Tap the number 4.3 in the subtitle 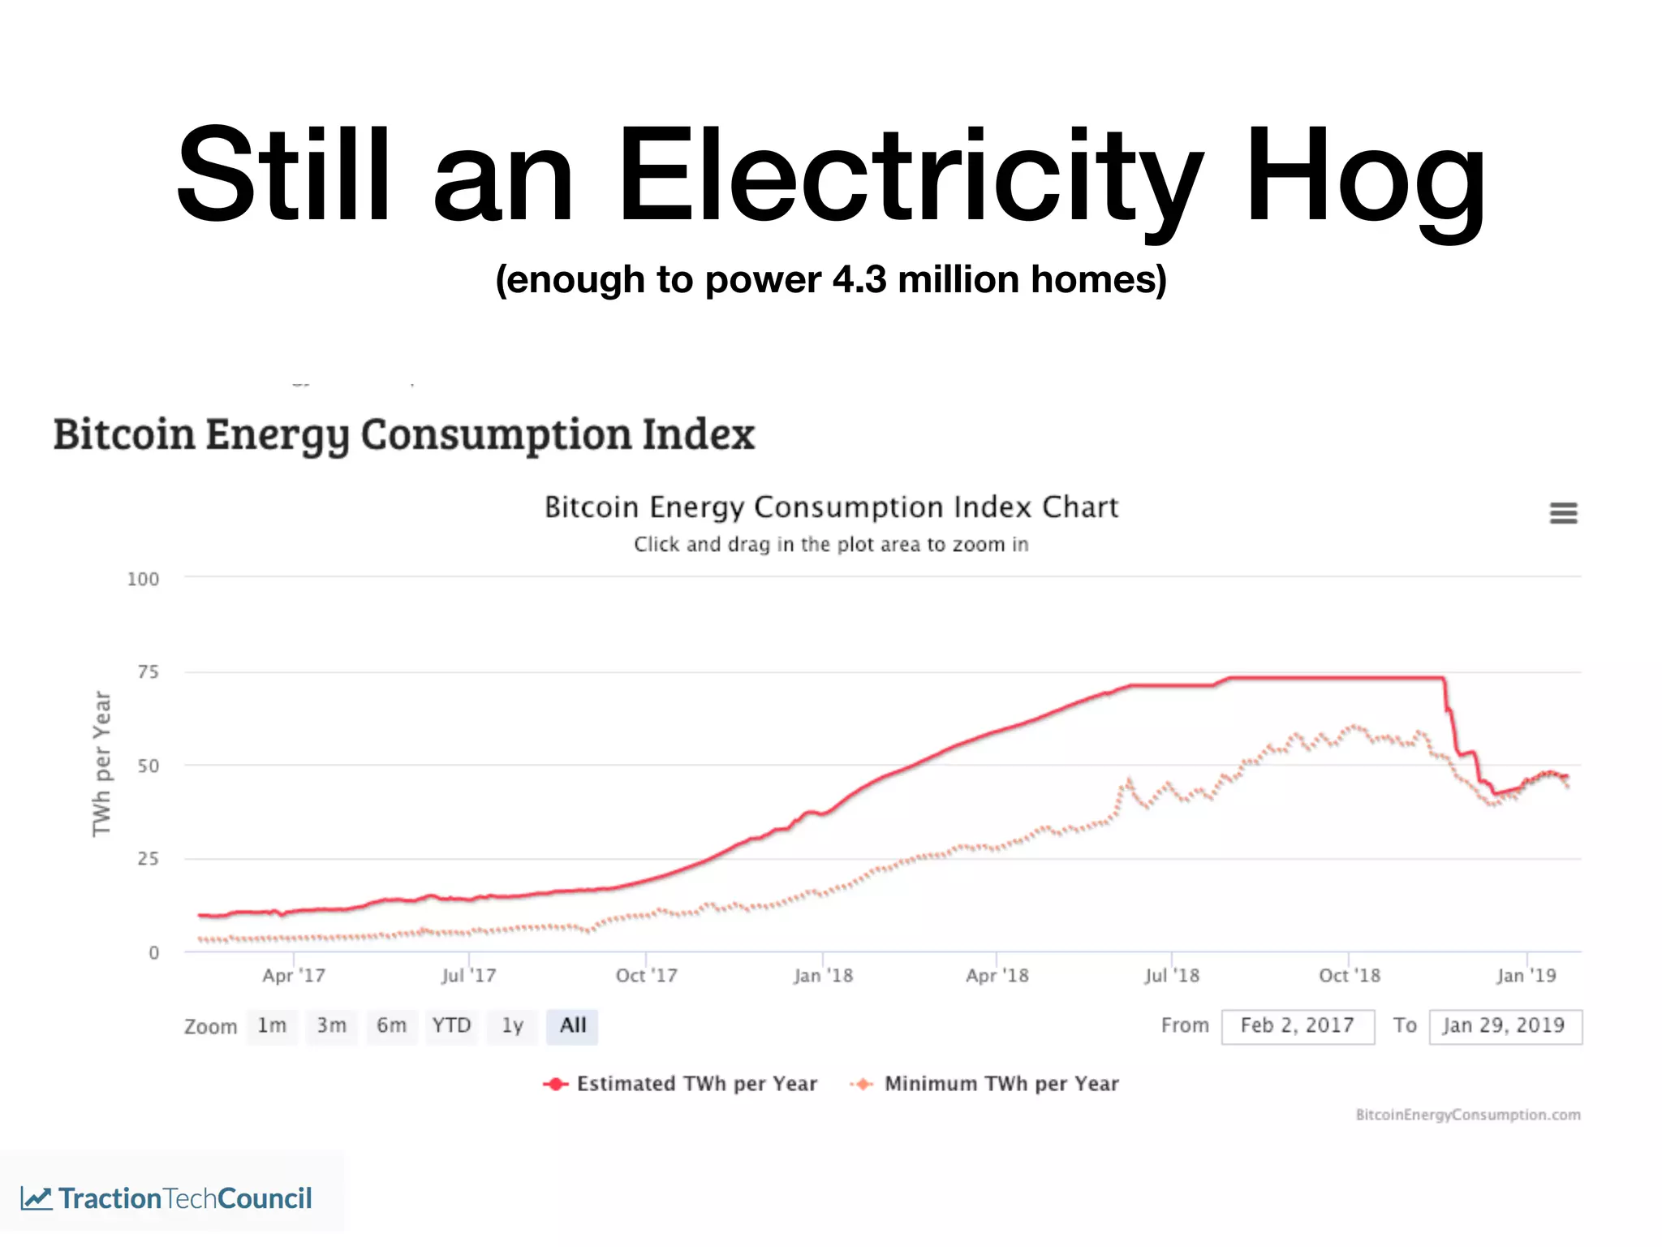(859, 280)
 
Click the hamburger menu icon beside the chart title (1563, 513)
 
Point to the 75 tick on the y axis (148, 672)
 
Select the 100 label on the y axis (143, 580)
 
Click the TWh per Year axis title (101, 763)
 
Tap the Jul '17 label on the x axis (468, 976)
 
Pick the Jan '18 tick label (823, 976)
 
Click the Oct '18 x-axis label (1349, 976)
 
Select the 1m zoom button (272, 1026)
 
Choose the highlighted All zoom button (572, 1026)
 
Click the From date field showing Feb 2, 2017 (1297, 1026)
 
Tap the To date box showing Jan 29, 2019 (1504, 1026)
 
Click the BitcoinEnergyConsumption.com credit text (1467, 1115)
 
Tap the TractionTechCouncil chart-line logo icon (37, 1198)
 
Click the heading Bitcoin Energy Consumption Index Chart (831, 507)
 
